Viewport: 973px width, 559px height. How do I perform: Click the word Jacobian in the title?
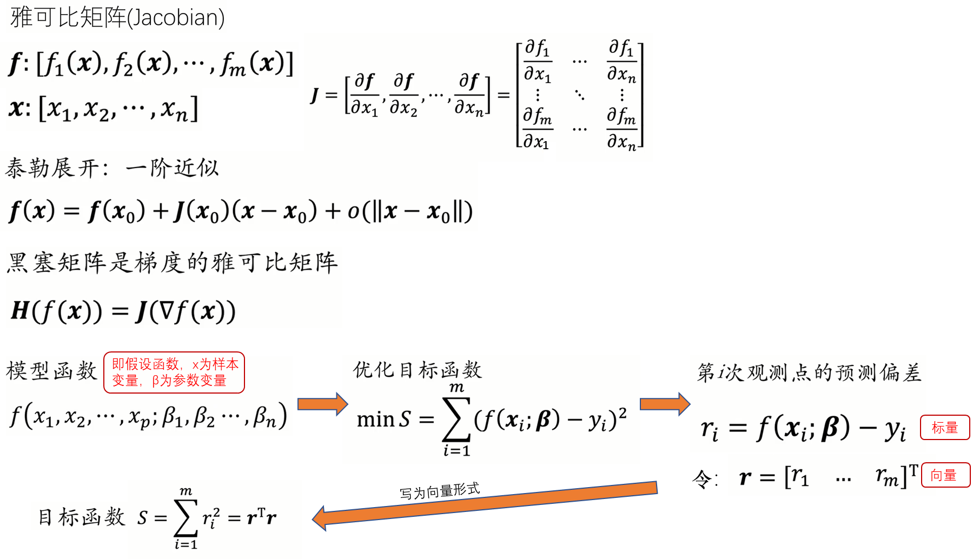click(x=175, y=17)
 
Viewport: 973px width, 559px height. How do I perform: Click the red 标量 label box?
click(x=944, y=428)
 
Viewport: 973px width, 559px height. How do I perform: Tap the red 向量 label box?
click(x=944, y=476)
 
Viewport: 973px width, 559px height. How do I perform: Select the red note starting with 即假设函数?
click(x=174, y=372)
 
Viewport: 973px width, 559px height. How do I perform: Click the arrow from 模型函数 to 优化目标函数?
click(x=322, y=404)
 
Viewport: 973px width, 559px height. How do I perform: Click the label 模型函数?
click(x=52, y=371)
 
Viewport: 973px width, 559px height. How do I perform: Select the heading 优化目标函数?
click(x=417, y=370)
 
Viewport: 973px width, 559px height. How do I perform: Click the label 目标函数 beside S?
click(x=81, y=517)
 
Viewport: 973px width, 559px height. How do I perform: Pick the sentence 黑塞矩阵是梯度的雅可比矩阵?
click(x=172, y=263)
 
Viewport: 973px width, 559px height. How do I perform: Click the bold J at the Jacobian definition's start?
click(x=315, y=95)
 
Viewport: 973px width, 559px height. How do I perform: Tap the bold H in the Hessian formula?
click(x=20, y=310)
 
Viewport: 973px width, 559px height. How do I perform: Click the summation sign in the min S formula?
click(x=455, y=420)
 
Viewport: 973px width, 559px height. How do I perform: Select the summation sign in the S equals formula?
click(x=185, y=517)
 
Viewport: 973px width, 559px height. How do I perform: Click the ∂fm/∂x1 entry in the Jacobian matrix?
click(x=537, y=129)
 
